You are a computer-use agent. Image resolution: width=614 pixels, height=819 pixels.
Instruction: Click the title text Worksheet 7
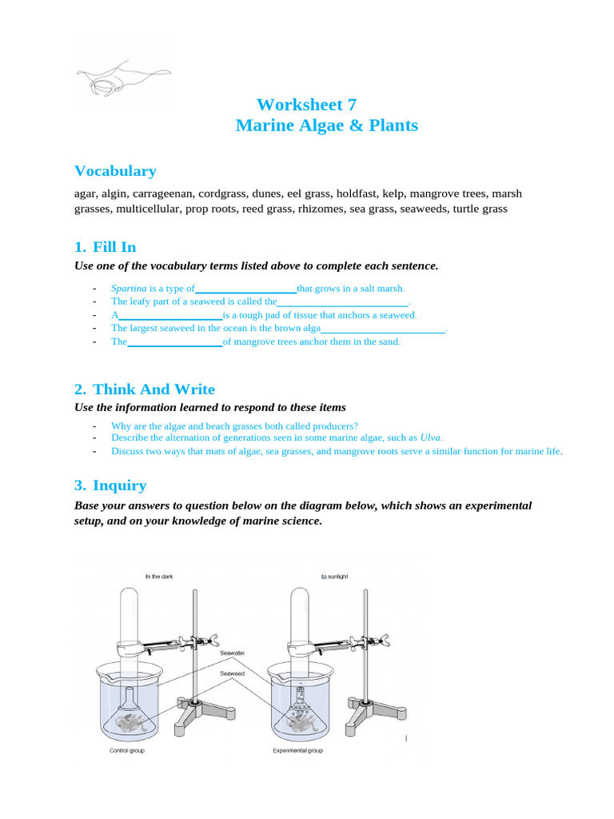(x=306, y=105)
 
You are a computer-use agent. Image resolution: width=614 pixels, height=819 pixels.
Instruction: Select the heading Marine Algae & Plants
(x=326, y=126)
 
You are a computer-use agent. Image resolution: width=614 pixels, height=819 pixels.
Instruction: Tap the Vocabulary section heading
(x=115, y=171)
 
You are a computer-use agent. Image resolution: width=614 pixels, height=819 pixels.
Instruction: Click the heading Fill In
(x=114, y=247)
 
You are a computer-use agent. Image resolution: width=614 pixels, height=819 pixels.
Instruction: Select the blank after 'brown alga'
(x=383, y=328)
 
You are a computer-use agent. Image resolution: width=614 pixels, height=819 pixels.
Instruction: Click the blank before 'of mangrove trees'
(x=175, y=342)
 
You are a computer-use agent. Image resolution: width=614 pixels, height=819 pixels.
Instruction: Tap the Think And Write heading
(x=153, y=390)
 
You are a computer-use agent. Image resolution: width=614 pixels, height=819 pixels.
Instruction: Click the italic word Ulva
(x=430, y=437)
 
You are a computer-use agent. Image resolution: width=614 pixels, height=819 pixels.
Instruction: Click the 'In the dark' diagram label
(x=158, y=576)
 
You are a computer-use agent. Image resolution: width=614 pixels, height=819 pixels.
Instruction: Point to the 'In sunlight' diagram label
(x=334, y=576)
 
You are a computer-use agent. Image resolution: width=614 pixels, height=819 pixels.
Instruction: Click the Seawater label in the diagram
(x=233, y=653)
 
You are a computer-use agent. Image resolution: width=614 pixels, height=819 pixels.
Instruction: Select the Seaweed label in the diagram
(x=233, y=673)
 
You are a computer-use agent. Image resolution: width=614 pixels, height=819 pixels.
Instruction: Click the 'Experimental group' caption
(x=298, y=751)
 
